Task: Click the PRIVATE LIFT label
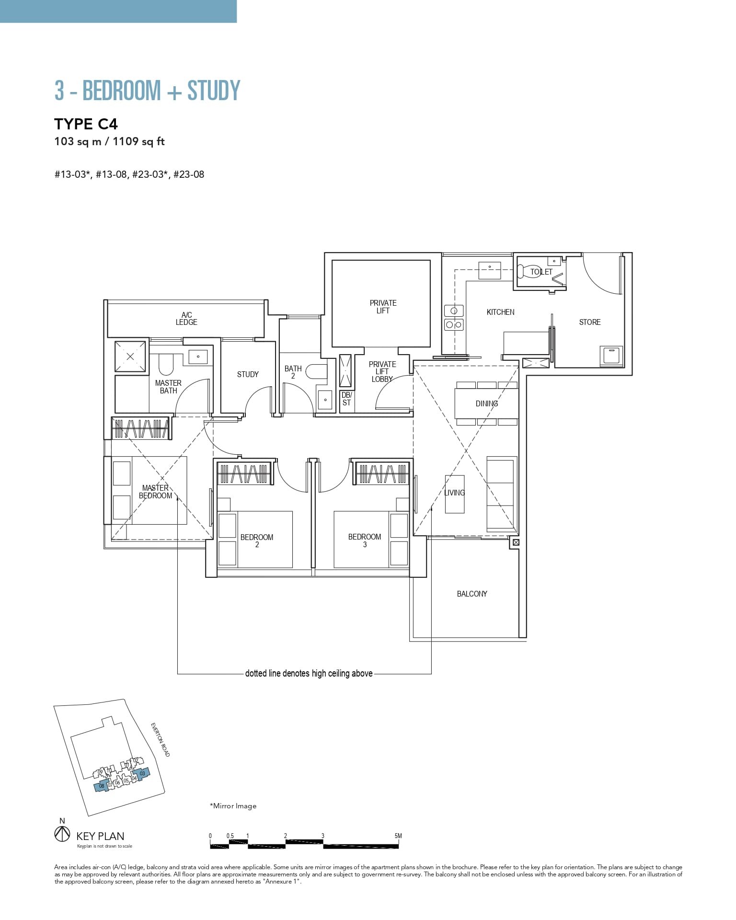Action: click(x=383, y=307)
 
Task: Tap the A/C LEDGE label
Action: click(x=186, y=319)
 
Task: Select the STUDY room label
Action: click(x=248, y=374)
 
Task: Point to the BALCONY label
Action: click(x=472, y=594)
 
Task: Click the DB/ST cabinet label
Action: click(x=346, y=399)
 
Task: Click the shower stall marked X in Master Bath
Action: click(x=130, y=356)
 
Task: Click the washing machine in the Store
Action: click(x=611, y=356)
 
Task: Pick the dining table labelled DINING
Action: click(x=487, y=403)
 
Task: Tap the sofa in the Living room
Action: click(x=502, y=493)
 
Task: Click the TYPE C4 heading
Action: click(x=86, y=124)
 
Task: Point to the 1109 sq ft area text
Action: click(x=138, y=141)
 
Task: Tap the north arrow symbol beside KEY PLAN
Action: click(x=62, y=834)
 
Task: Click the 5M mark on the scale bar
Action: click(x=398, y=836)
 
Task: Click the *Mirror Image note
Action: click(x=233, y=806)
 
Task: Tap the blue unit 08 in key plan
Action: click(x=101, y=786)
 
